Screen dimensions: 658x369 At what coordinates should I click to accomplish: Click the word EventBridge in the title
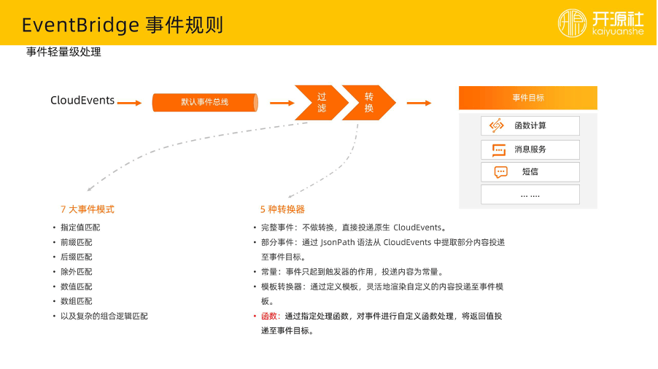point(80,25)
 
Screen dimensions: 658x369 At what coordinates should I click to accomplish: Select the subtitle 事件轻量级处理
point(63,53)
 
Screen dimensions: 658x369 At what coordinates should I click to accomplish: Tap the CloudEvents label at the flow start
point(82,101)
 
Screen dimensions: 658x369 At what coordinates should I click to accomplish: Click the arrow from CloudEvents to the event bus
point(129,103)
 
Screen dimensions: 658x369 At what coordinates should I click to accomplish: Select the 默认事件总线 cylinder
point(204,102)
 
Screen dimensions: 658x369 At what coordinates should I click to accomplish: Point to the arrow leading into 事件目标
point(419,103)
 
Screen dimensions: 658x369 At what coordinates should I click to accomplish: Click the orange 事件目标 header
point(527,98)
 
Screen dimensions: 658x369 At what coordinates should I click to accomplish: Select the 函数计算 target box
point(530,125)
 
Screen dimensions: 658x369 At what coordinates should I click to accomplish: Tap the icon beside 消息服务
point(498,149)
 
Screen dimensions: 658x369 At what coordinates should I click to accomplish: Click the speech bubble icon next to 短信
point(500,172)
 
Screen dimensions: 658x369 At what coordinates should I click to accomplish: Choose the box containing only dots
point(530,195)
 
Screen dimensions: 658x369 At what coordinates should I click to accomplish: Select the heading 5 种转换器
point(282,209)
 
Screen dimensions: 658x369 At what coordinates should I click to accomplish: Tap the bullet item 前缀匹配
point(77,242)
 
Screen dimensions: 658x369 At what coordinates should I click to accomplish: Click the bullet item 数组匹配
point(77,301)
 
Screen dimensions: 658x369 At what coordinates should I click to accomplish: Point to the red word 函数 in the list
point(269,316)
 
